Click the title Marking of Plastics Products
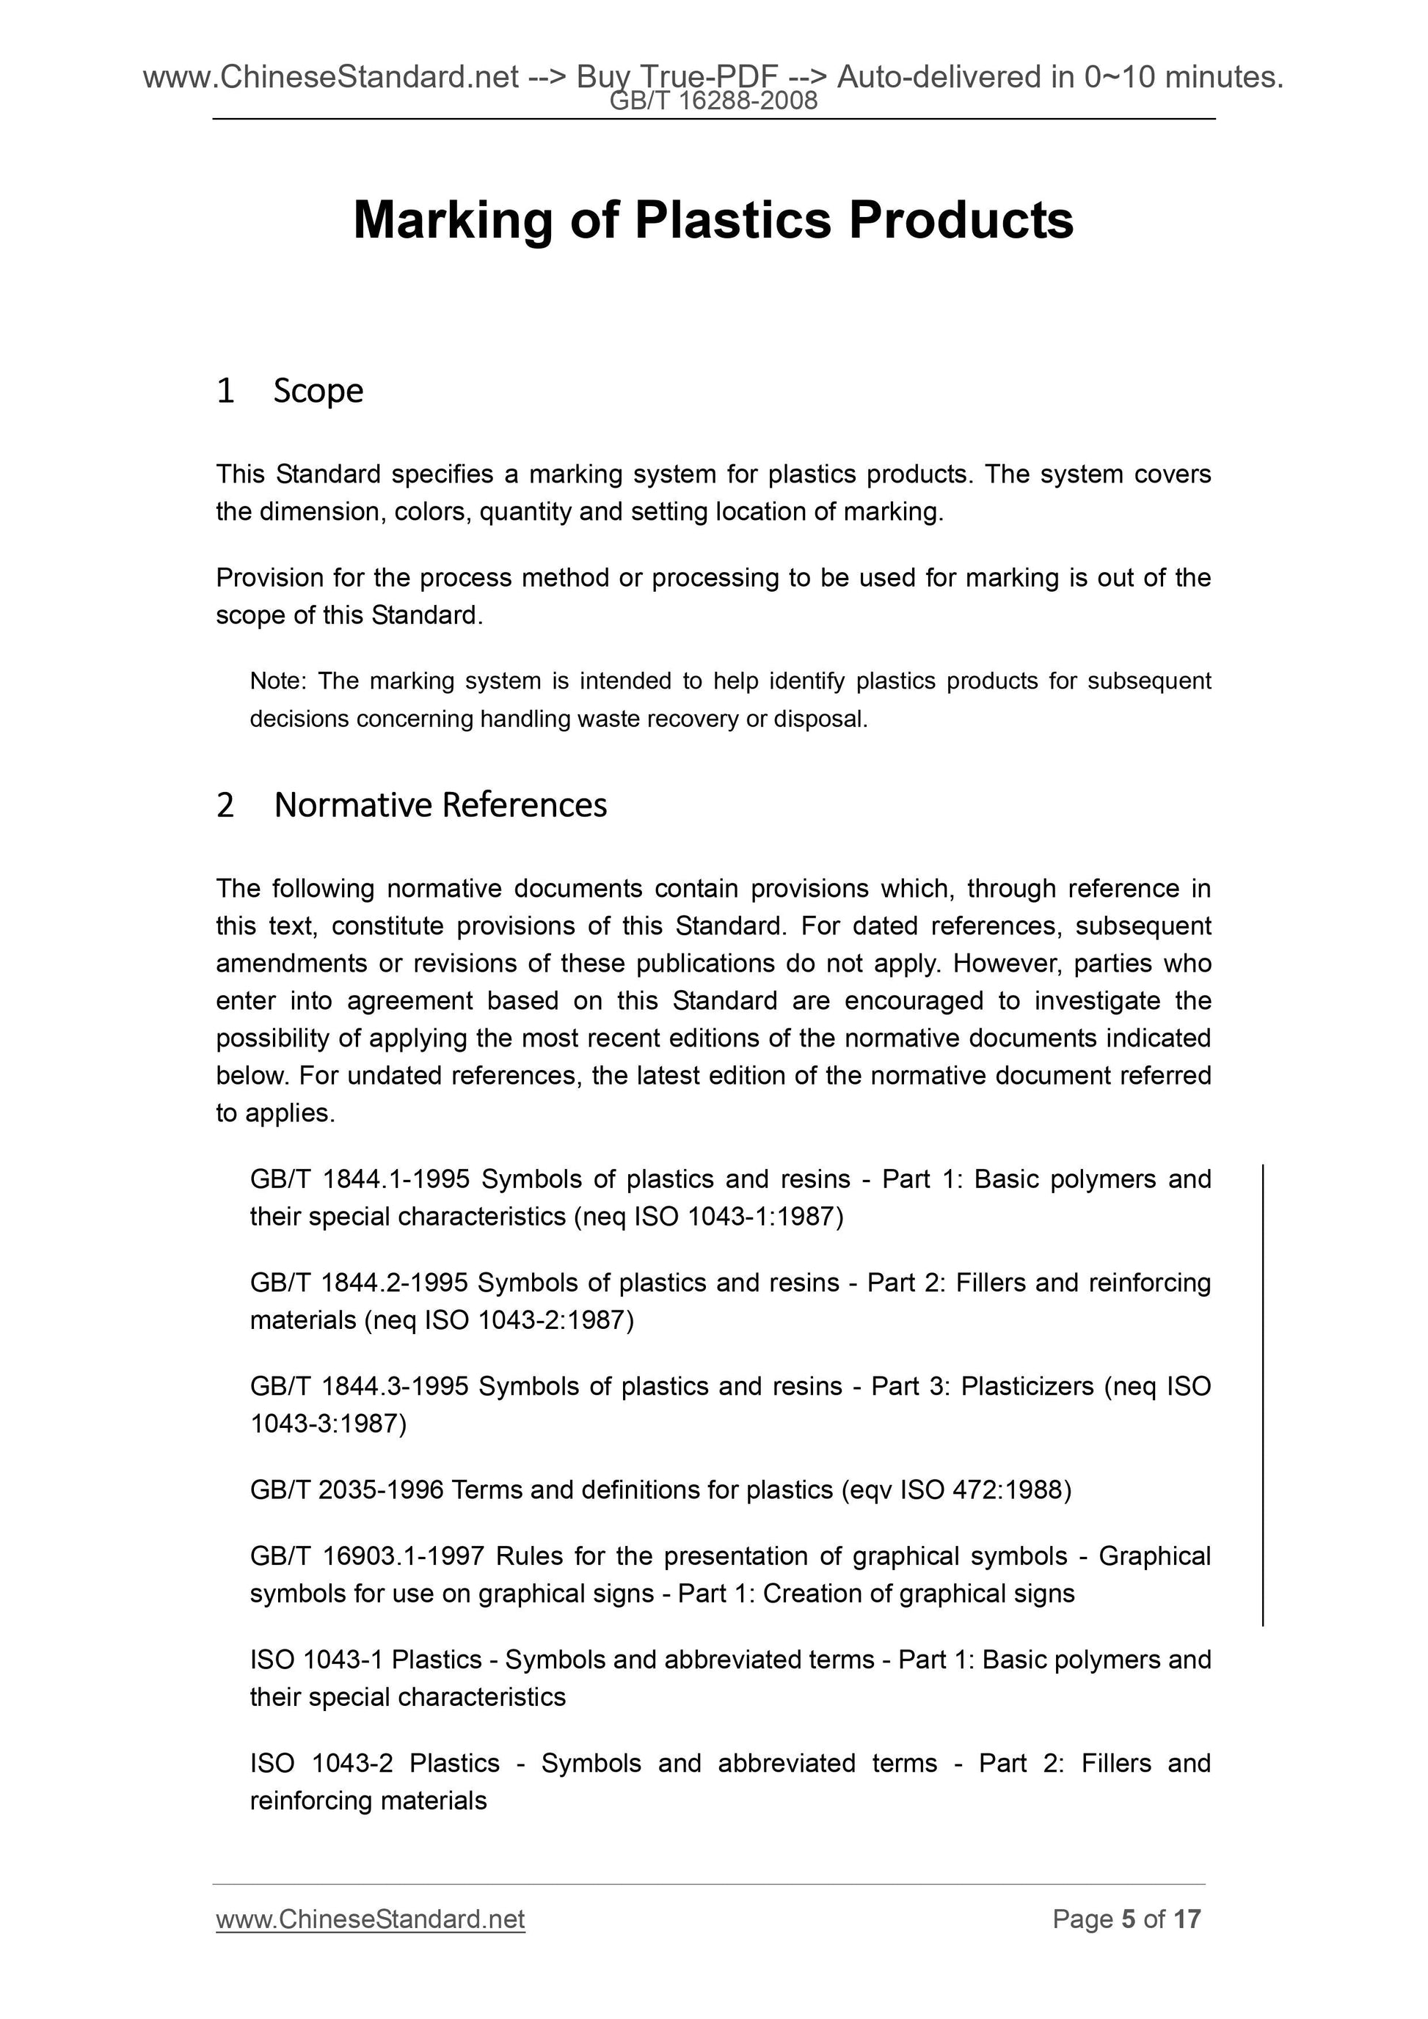(x=713, y=220)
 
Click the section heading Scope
(x=318, y=390)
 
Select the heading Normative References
(x=440, y=805)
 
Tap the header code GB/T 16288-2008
(x=713, y=101)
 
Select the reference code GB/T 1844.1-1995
(x=360, y=1179)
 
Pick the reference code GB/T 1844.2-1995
(x=359, y=1283)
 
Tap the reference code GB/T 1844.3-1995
(x=360, y=1387)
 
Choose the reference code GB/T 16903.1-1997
(x=367, y=1556)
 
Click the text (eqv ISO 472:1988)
(x=956, y=1489)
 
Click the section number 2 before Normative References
(x=225, y=805)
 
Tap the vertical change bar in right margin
(x=1263, y=1393)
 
